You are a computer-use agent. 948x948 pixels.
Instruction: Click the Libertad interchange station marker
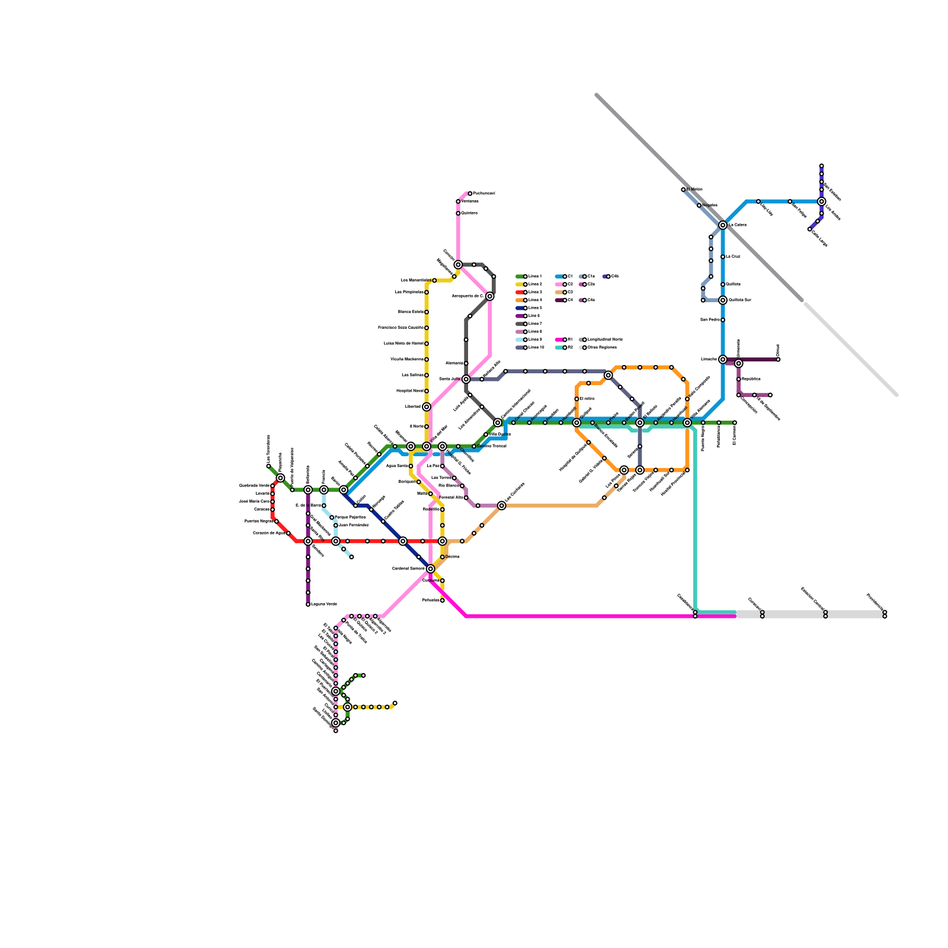point(427,406)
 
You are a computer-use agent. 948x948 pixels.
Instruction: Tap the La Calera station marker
point(723,225)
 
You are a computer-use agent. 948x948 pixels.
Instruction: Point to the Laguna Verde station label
point(324,604)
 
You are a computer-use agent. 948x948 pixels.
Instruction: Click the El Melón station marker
point(683,190)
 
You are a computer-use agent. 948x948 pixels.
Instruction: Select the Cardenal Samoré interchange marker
point(431,569)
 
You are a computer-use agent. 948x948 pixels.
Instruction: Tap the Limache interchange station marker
point(723,360)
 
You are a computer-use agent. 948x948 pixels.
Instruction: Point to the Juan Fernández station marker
point(335,526)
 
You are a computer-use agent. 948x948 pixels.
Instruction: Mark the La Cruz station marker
point(723,257)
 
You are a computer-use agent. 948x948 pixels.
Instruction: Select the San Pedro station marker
point(723,320)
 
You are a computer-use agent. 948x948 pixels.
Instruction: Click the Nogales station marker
point(699,206)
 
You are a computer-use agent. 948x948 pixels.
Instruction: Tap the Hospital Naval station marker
point(427,391)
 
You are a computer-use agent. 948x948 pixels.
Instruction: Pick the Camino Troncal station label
point(491,446)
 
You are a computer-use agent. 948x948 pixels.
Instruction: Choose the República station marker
point(738,379)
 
